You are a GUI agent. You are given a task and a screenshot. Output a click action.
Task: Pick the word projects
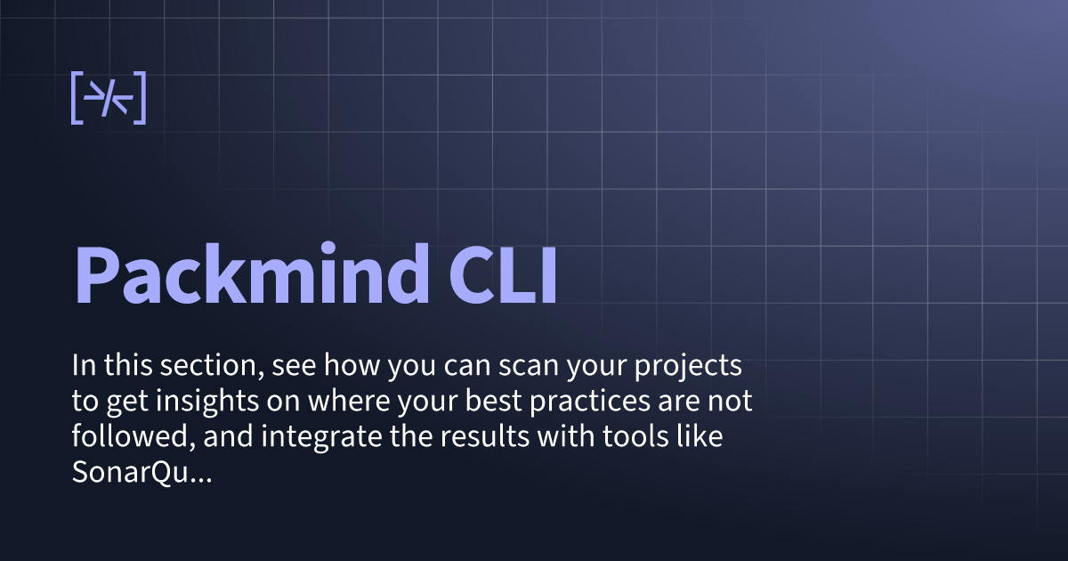click(x=698, y=367)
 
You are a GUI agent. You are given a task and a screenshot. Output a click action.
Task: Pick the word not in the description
click(x=734, y=402)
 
